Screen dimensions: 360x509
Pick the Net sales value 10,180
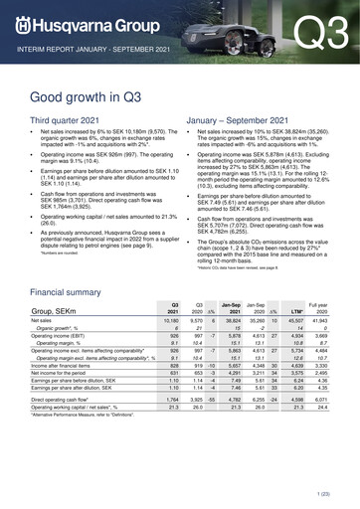(x=170, y=350)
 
